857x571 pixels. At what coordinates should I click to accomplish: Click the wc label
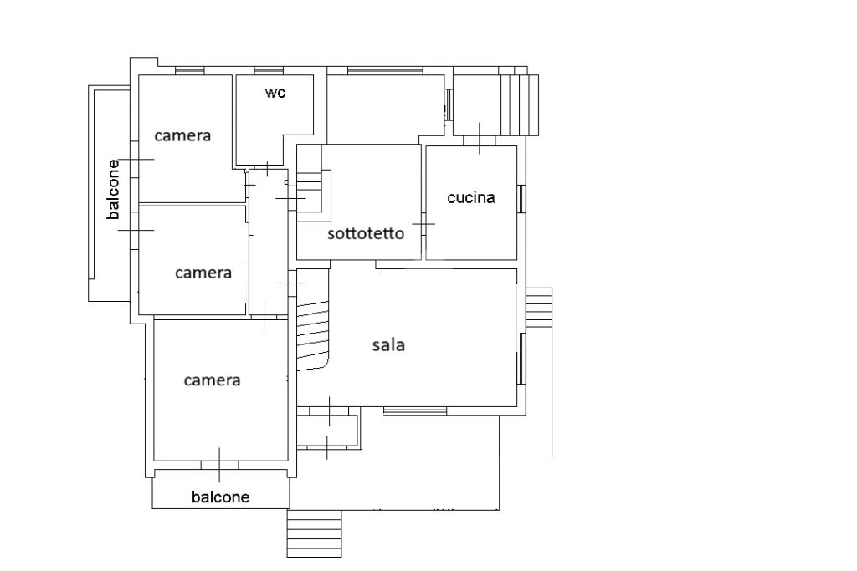[275, 93]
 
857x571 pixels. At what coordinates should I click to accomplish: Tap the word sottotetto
[366, 233]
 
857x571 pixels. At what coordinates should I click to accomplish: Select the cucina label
[471, 197]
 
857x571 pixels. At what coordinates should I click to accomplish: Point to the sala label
[388, 345]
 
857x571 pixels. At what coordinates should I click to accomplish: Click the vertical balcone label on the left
[113, 190]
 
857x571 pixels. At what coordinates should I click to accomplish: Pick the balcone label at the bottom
[221, 497]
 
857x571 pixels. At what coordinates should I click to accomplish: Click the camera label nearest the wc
[182, 135]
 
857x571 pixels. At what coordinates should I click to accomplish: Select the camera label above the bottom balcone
[212, 380]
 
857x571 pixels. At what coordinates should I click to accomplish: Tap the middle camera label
[203, 273]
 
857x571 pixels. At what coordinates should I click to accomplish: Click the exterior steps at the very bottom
[315, 533]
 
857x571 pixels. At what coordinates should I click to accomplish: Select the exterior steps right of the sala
[538, 308]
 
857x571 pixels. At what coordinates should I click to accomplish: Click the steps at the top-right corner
[519, 105]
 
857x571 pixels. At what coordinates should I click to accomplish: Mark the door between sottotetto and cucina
[423, 224]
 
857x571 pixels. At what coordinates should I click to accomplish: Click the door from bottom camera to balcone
[220, 465]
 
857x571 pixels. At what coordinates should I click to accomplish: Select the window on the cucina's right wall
[521, 199]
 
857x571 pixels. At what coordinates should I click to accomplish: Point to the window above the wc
[269, 70]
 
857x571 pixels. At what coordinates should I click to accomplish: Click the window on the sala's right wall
[521, 359]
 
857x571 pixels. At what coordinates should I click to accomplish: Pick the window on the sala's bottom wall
[415, 410]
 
